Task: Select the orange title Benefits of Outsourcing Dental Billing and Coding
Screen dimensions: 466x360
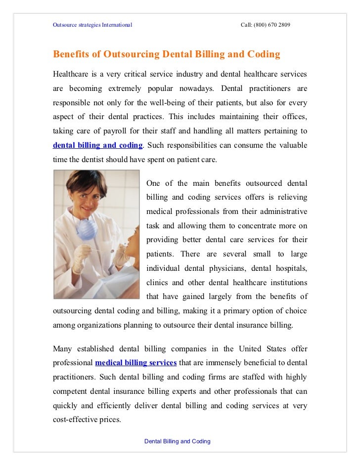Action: click(167, 54)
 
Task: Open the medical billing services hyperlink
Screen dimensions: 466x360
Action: click(136, 363)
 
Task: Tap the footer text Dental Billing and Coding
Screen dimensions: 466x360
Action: click(177, 441)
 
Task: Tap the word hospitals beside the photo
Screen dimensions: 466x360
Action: click(290, 268)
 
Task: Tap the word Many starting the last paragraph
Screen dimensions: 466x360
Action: click(63, 348)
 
